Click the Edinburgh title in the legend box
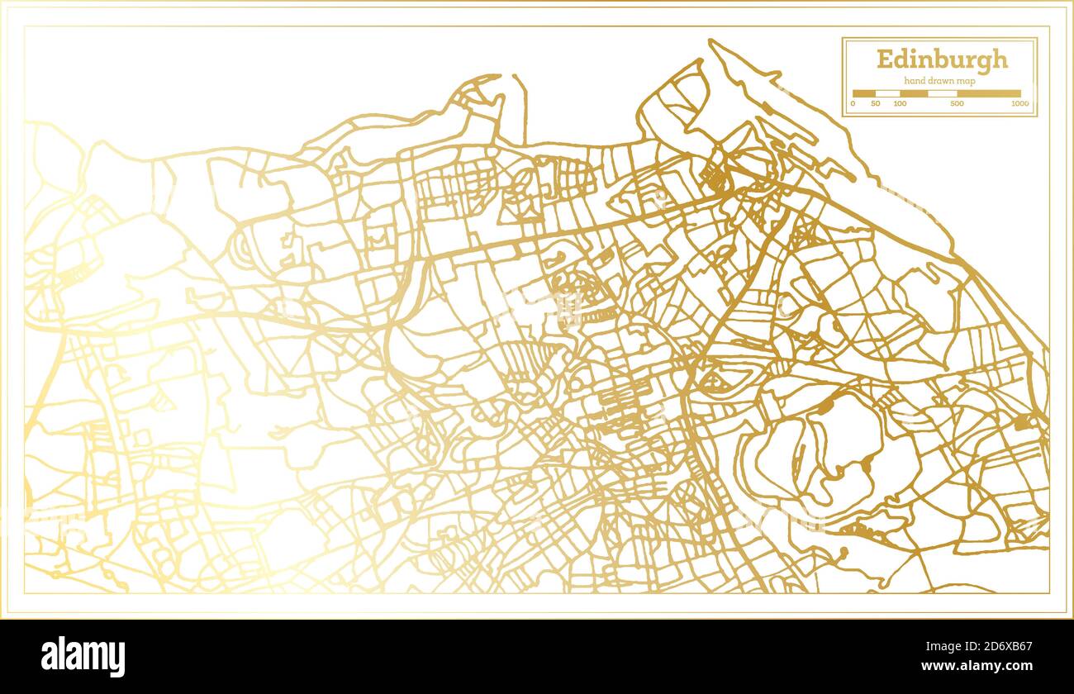click(x=942, y=59)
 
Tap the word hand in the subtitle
click(x=914, y=80)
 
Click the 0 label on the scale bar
click(x=853, y=104)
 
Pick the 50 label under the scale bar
click(x=876, y=104)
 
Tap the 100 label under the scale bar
click(x=900, y=104)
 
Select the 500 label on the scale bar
click(x=957, y=104)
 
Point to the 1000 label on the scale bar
click(x=1019, y=104)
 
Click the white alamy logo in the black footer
click(x=83, y=657)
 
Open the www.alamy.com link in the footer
click(x=978, y=665)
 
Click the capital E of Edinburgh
click(x=884, y=59)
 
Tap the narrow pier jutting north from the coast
click(x=520, y=107)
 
